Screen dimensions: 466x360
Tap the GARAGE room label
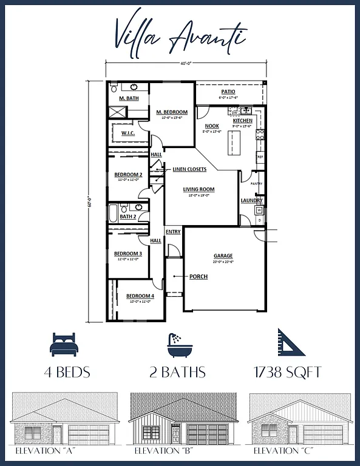point(223,256)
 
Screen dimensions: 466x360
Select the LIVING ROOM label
point(199,189)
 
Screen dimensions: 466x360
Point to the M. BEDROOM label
point(172,112)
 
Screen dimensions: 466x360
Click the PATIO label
point(228,92)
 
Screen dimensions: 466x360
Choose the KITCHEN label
point(243,121)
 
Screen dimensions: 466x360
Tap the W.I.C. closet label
point(127,133)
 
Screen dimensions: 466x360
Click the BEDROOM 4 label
point(141,296)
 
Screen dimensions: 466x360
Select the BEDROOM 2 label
point(128,175)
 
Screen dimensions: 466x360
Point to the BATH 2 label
point(127,216)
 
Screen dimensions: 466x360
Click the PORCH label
point(198,277)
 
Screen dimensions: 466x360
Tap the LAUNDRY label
point(251,200)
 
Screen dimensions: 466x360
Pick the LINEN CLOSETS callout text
point(189,169)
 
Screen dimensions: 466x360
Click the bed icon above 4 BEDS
point(64,344)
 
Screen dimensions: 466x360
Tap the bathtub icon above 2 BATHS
point(179,344)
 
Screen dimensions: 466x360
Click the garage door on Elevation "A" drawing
point(89,434)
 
